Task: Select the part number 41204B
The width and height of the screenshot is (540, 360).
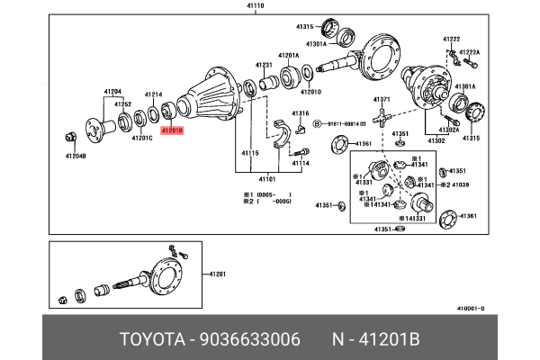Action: tap(75, 157)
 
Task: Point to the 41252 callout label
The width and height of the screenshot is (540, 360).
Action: tap(123, 104)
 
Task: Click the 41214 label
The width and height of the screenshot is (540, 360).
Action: tap(153, 94)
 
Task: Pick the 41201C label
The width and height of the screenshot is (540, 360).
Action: tap(141, 139)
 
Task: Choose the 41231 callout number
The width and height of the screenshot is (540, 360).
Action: tap(263, 65)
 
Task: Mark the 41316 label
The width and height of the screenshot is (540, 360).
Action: tap(300, 113)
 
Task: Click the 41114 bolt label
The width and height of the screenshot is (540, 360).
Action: tap(300, 163)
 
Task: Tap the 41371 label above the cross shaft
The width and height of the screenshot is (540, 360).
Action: tap(382, 99)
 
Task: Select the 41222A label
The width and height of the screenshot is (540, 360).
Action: tap(470, 52)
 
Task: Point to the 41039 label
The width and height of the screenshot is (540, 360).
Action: tap(461, 184)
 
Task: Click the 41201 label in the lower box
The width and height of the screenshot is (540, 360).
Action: tap(219, 273)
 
